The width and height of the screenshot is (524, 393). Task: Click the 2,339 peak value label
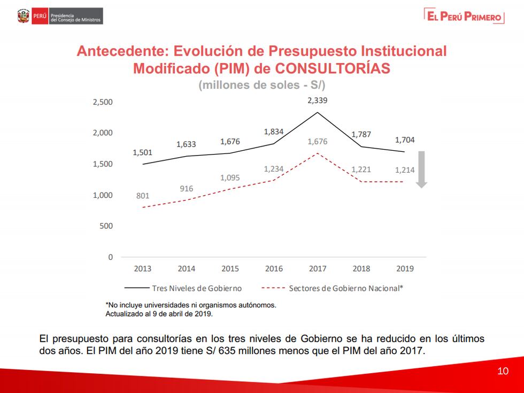[318, 101]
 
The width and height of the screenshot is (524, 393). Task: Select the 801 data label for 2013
[143, 196]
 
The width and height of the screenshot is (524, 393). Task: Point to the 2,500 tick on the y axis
[103, 102]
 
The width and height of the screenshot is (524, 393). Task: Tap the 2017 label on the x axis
[318, 269]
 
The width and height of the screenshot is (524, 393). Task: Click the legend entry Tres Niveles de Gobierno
[196, 288]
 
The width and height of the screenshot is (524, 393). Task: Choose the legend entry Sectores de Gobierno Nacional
[345, 288]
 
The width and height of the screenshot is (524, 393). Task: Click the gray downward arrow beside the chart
[421, 169]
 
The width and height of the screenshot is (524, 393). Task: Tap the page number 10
[503, 371]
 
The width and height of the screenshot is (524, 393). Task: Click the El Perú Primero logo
[464, 16]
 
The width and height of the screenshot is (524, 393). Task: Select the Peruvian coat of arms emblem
[23, 16]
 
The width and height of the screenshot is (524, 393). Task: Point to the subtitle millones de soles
[261, 85]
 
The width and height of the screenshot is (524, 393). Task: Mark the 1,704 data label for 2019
[405, 140]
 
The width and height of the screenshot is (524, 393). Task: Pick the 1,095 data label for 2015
[230, 178]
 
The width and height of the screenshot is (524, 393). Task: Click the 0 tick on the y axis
[111, 257]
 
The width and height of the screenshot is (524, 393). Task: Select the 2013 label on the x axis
[142, 269]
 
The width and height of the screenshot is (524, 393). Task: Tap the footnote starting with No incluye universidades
[191, 305]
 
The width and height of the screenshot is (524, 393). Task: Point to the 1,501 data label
[143, 152]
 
